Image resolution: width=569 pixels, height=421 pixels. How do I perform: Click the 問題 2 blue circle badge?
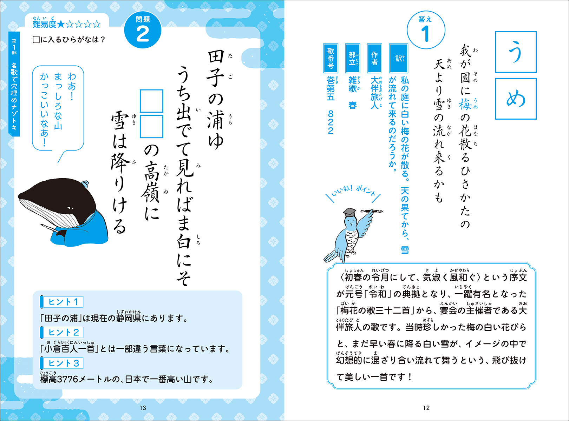tap(143, 30)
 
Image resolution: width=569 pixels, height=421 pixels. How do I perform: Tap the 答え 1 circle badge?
tap(426, 30)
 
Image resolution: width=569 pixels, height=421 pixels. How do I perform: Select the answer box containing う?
tap(515, 52)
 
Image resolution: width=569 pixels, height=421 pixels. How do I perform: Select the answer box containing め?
tap(515, 99)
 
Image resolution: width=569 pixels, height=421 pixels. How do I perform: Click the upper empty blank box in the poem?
tap(151, 101)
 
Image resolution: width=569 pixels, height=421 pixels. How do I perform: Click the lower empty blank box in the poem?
tap(151, 126)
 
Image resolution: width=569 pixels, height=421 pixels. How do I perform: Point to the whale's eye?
tap(70, 208)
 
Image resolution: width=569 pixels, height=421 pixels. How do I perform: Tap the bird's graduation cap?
tap(349, 212)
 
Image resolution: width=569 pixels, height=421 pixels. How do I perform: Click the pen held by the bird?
tap(372, 211)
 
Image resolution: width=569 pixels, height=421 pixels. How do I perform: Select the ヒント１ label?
tap(62, 302)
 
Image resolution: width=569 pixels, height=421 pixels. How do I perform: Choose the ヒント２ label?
tap(62, 332)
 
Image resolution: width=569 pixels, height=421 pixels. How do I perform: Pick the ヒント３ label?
tap(62, 363)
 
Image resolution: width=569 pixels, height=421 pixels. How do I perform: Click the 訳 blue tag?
tap(398, 59)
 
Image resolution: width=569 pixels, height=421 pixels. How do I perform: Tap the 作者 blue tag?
tap(374, 59)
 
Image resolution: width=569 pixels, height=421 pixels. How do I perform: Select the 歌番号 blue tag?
tap(331, 59)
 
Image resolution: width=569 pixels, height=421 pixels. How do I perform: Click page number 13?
tap(143, 408)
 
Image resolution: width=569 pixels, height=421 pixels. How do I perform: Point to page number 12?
tap(426, 408)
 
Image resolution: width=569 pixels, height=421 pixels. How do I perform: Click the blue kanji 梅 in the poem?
tap(465, 104)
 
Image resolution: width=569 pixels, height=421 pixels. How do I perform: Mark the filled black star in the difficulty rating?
tap(61, 25)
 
